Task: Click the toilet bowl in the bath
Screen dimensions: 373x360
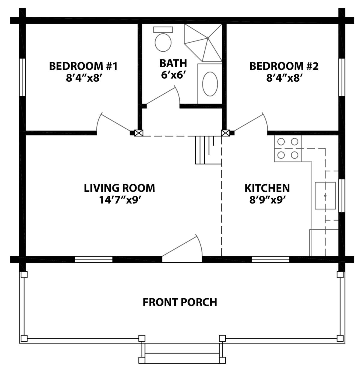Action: [x=163, y=42]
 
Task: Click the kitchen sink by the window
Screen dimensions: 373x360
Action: [x=325, y=195]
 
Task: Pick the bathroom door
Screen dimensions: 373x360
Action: [x=162, y=96]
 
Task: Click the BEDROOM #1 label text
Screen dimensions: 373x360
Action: [x=83, y=66]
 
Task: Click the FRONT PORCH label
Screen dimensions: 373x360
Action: [x=180, y=302]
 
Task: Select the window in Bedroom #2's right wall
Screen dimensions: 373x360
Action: [x=341, y=77]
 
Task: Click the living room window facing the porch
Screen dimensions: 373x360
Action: [x=93, y=260]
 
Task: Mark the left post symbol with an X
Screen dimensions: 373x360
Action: [x=138, y=133]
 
